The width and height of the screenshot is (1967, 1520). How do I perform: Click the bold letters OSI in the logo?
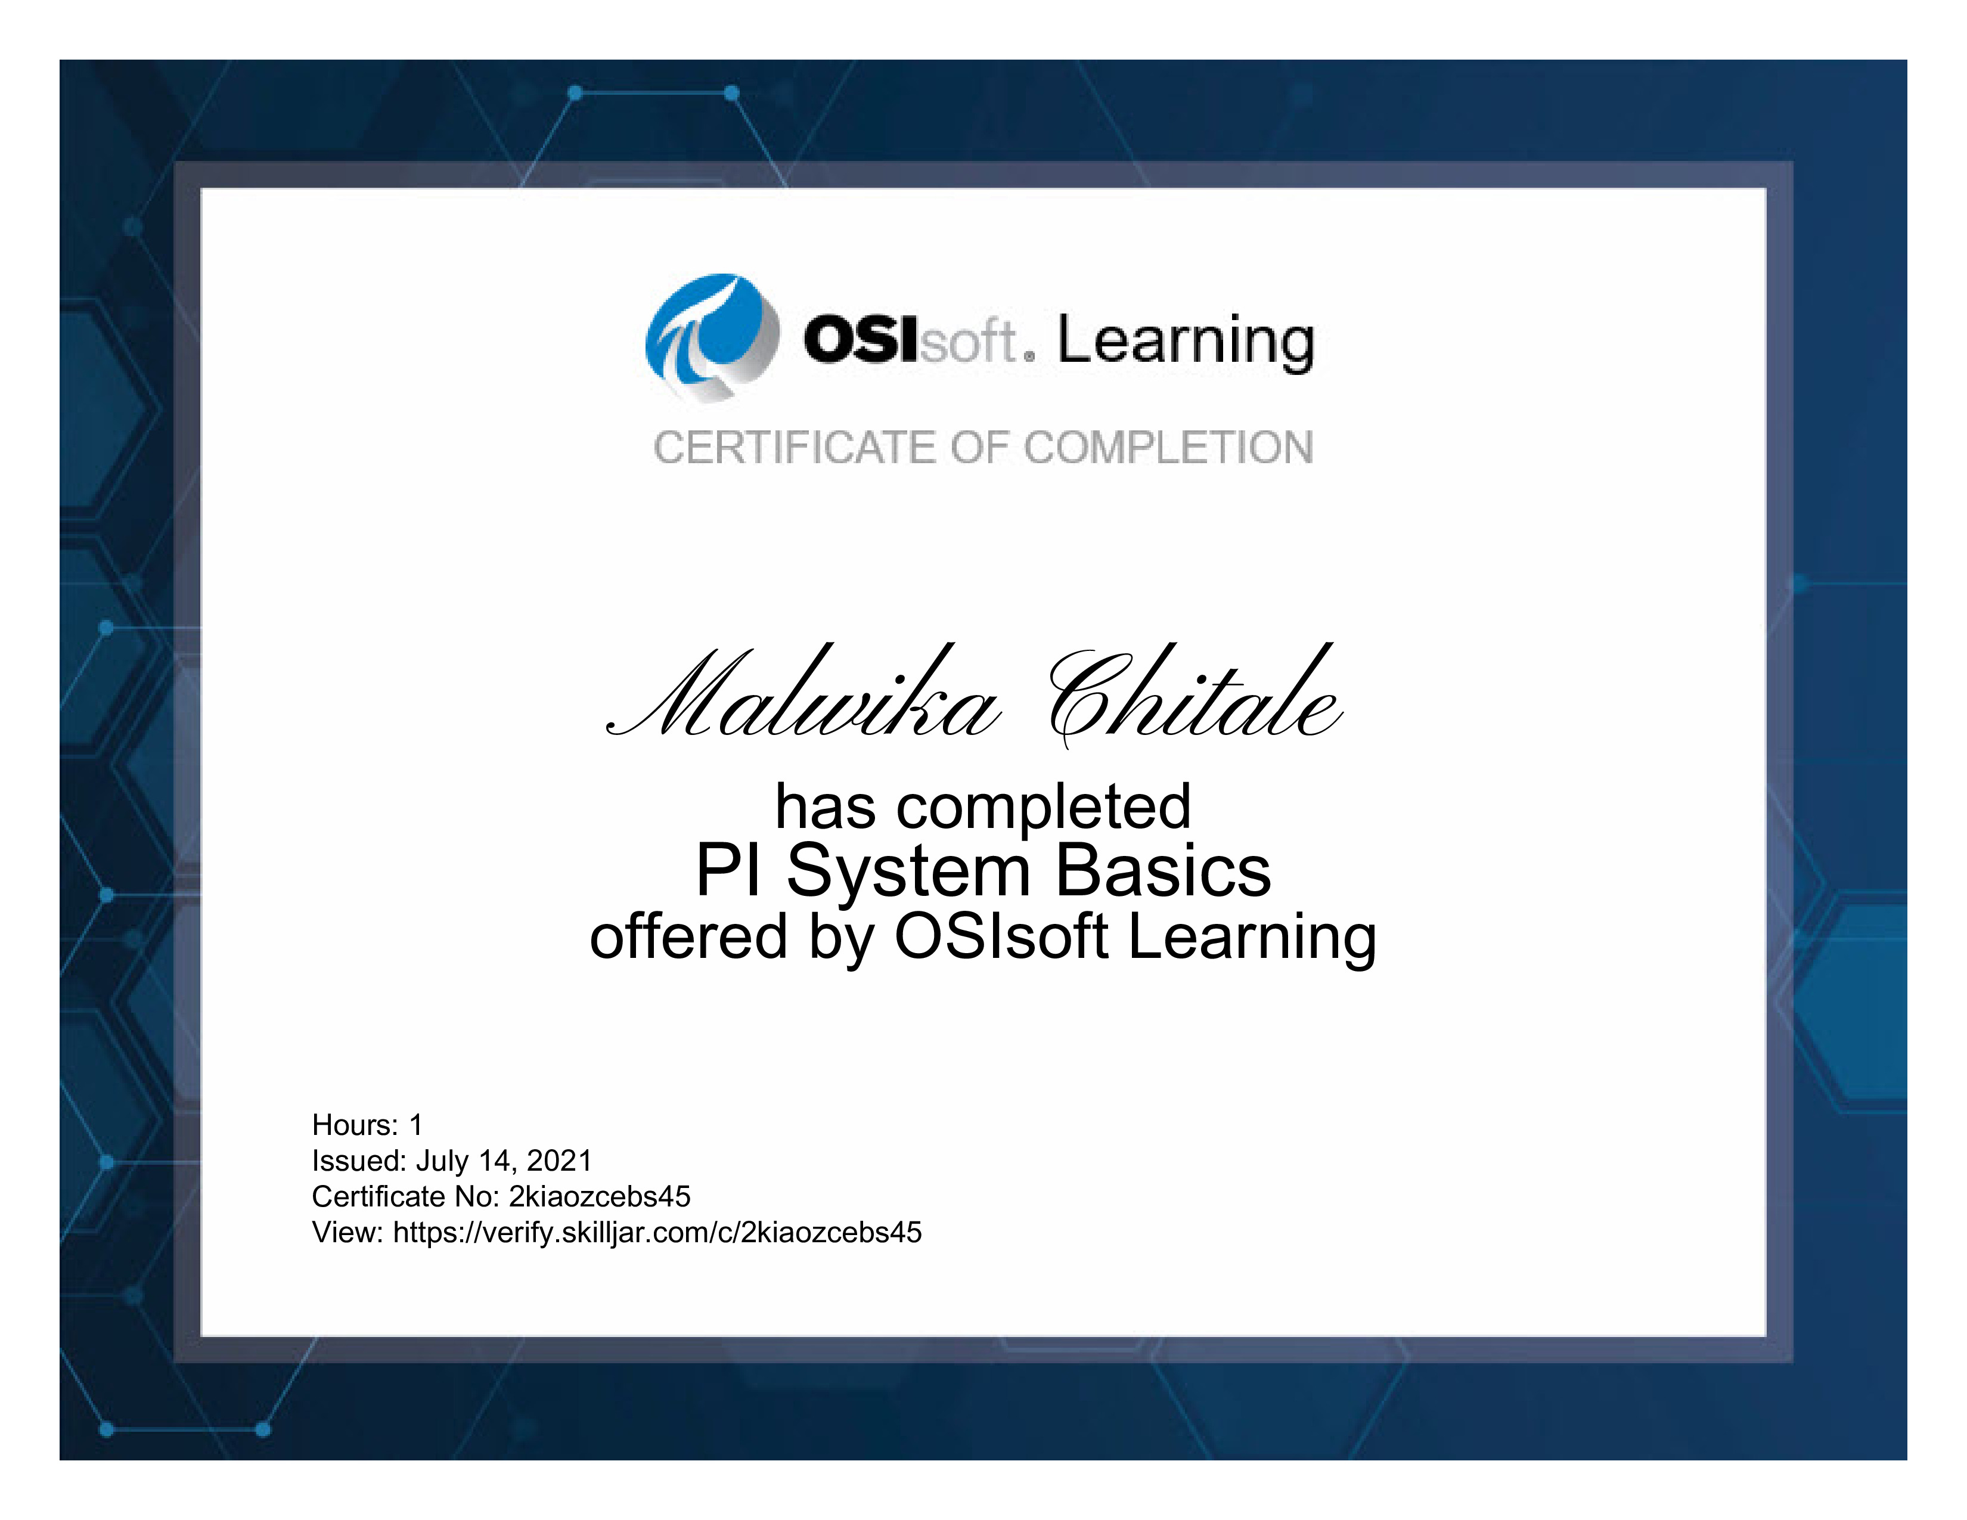point(862,340)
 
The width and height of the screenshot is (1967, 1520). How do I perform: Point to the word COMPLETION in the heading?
point(1168,448)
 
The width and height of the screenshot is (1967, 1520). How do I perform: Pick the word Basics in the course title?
point(1163,871)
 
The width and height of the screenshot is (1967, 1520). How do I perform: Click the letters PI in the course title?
point(728,871)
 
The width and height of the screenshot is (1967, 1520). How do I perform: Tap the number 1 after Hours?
point(415,1125)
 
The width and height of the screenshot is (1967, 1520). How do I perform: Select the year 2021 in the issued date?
point(559,1161)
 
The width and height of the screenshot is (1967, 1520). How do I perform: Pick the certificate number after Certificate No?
point(600,1197)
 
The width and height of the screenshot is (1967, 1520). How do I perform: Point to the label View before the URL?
point(348,1233)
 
